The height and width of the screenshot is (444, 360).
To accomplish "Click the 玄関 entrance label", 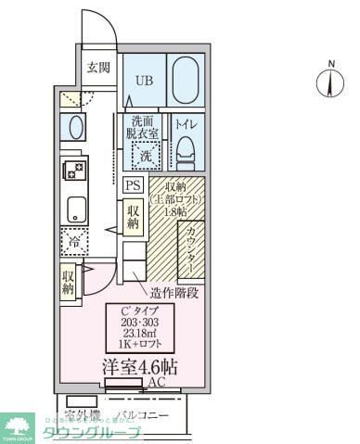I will tap(98, 67).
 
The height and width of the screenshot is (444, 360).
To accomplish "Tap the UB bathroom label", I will tap(144, 80).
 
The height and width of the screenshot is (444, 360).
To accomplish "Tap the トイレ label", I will tap(185, 121).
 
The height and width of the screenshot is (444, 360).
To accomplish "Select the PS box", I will tap(132, 184).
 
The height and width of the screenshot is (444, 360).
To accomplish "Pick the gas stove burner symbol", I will tap(72, 170).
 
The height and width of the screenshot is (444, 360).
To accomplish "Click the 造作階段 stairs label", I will tap(174, 294).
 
